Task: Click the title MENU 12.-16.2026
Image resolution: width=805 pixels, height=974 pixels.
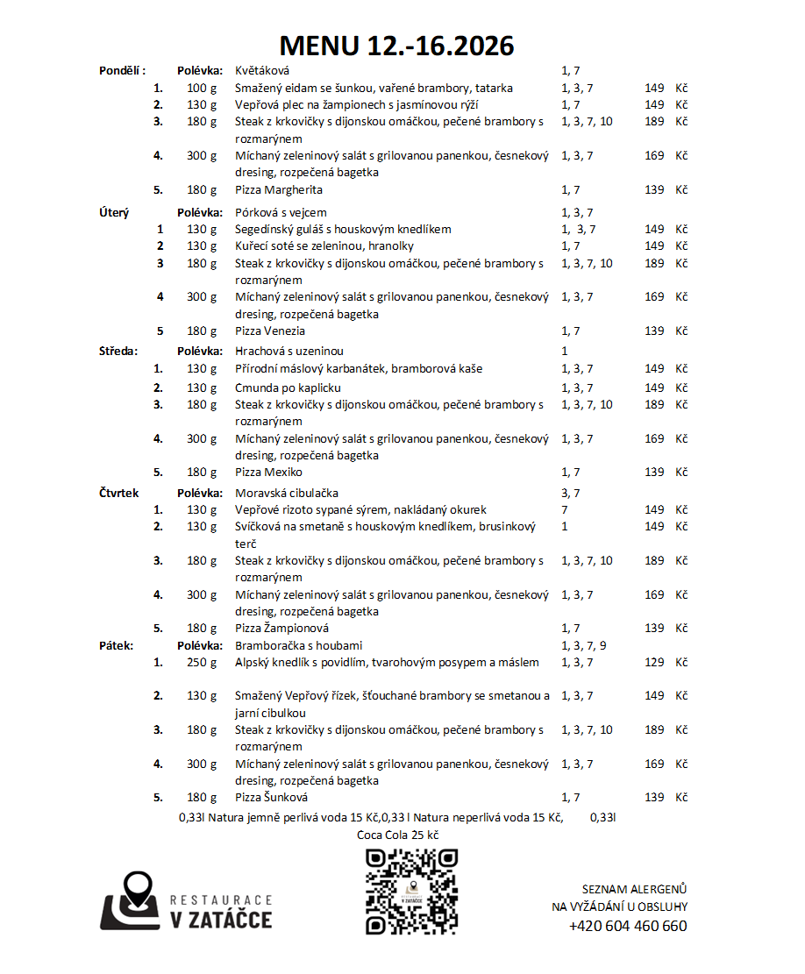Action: pos(396,46)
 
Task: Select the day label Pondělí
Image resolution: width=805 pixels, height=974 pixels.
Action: pos(122,71)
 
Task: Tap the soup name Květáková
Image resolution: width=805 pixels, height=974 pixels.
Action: pos(262,71)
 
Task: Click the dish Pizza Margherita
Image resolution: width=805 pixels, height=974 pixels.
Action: pos(279,189)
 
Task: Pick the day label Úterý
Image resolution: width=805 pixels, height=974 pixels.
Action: pos(114,212)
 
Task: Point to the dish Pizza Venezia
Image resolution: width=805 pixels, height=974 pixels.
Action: pos(270,331)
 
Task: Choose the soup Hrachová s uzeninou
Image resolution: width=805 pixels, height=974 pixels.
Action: pos(289,351)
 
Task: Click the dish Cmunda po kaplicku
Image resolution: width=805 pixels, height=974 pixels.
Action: pos(288,387)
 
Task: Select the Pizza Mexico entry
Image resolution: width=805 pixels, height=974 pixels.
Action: pos(268,472)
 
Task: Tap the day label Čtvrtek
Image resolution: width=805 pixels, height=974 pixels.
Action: pos(119,494)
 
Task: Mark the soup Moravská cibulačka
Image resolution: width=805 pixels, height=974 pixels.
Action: pos(287,494)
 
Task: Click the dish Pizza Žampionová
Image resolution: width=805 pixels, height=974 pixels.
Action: pos(282,628)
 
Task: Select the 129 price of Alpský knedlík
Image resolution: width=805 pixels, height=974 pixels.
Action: pos(654,662)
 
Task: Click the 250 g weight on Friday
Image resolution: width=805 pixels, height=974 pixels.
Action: pos(202,662)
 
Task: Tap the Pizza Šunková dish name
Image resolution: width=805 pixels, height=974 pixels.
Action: pos(272,797)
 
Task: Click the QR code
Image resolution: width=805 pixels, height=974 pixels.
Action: pos(411,892)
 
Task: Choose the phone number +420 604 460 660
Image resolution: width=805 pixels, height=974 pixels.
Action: pos(628,926)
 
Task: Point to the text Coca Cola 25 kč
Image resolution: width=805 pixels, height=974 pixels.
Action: pos(397,835)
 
